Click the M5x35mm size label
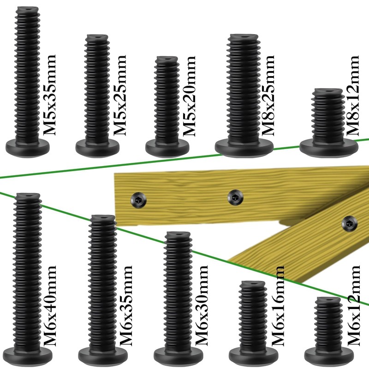[49, 95]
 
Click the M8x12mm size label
[352, 95]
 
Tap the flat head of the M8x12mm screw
[329, 148]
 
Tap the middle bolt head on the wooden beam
[235, 197]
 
